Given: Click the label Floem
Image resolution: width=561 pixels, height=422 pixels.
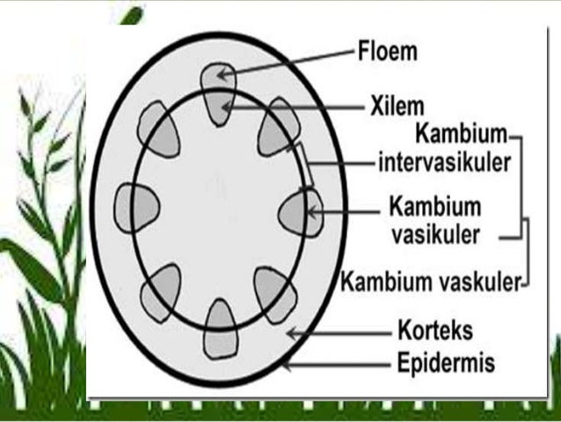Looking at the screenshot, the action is click(x=387, y=51).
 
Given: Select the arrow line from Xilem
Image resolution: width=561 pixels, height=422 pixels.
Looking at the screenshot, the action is click(x=295, y=107).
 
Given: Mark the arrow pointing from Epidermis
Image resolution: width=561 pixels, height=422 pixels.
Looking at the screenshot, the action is click(x=334, y=362).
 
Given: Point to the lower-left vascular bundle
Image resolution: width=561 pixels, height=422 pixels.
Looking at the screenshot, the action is click(x=160, y=292).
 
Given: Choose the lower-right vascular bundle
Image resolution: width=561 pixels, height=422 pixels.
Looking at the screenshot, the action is click(x=273, y=292).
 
